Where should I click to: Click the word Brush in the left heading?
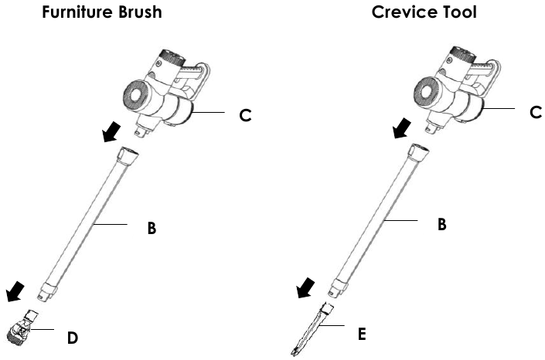pyautogui.click(x=140, y=12)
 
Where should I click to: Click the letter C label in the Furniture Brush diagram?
pyautogui.click(x=245, y=115)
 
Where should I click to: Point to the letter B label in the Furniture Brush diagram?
pyautogui.click(x=152, y=229)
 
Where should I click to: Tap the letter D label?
pyautogui.click(x=73, y=338)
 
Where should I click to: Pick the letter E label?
pyautogui.click(x=362, y=335)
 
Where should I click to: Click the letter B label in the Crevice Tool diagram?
pyautogui.click(x=441, y=224)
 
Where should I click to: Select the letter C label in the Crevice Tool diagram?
pyautogui.click(x=536, y=112)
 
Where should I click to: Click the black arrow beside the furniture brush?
pyautogui.click(x=15, y=292)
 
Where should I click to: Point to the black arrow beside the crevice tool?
pyautogui.click(x=306, y=288)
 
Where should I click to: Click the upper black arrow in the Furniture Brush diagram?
pyautogui.click(x=112, y=132)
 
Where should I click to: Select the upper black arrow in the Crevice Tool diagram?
pyautogui.click(x=402, y=128)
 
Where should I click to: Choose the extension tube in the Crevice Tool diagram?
pyautogui.click(x=380, y=220)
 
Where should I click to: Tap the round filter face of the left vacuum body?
pyautogui.click(x=135, y=95)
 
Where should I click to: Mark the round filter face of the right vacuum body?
pyautogui.click(x=426, y=91)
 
